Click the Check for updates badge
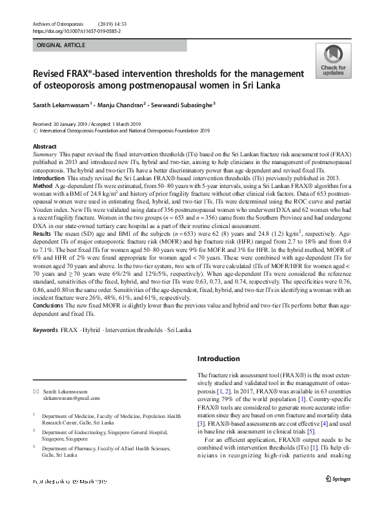[333, 61]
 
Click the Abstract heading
[45, 147]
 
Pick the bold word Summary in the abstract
[45, 156]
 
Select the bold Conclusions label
[49, 305]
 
